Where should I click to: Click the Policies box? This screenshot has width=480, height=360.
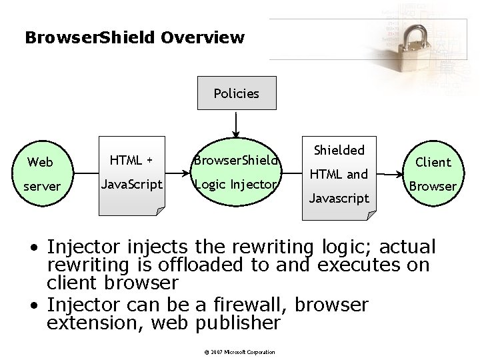(x=236, y=93)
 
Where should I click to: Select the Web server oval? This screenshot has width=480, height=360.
(x=42, y=173)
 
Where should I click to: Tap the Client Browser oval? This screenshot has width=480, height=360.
(x=433, y=173)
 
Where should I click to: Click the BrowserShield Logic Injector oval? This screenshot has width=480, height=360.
(x=235, y=172)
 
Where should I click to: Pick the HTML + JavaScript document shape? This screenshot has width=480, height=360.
(x=131, y=174)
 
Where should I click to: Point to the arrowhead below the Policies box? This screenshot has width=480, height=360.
(x=235, y=133)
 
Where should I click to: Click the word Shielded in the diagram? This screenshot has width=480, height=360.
(x=339, y=150)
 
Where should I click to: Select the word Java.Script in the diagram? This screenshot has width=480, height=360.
(x=131, y=183)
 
